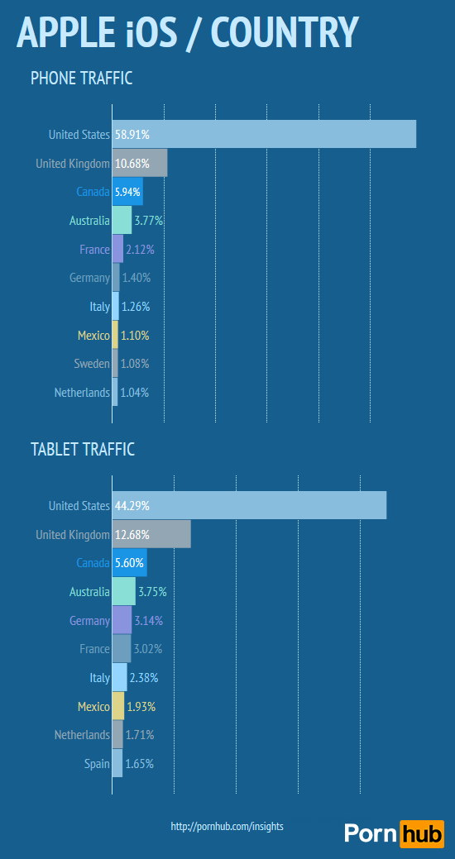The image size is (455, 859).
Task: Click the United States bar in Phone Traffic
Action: pos(265,134)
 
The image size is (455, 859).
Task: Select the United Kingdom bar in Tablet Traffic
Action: pos(151,534)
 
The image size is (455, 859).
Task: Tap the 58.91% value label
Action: pos(132,134)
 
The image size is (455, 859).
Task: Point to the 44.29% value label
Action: pos(132,505)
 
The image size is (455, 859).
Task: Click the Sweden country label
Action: pos(91,364)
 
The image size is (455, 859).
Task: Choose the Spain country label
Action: pos(97,764)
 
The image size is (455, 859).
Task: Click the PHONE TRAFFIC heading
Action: pos(82,79)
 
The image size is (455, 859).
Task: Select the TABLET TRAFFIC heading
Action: pos(83,450)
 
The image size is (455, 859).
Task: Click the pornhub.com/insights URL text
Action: pos(227,826)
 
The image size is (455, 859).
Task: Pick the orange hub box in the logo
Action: pos(421,833)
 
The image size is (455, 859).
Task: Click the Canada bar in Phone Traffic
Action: pos(127,192)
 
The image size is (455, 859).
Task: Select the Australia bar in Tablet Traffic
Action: pos(123,592)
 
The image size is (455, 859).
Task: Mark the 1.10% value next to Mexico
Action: pos(136,336)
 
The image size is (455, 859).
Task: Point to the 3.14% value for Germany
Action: pos(148,621)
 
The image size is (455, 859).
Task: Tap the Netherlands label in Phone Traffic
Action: pos(82,393)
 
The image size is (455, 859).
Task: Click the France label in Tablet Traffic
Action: pos(94,649)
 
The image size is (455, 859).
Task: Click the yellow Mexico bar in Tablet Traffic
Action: pos(118,707)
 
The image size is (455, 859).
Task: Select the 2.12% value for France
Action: pos(140,250)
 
